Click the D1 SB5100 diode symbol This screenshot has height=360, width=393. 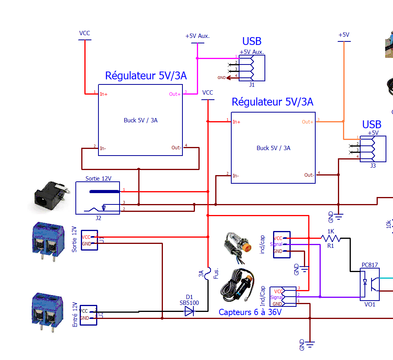point(189,312)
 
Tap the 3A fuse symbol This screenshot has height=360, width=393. point(208,272)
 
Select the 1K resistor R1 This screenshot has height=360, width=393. point(331,238)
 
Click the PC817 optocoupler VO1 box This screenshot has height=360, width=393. point(369,284)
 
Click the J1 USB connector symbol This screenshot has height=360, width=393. point(252,68)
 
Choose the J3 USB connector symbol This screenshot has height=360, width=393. point(373,149)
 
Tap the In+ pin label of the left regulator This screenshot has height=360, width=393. point(104,94)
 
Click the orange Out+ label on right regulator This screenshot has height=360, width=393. point(307,122)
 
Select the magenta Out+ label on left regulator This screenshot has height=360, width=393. point(175,94)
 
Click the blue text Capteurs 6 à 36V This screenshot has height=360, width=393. point(250,312)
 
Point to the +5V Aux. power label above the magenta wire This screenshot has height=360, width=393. point(197,36)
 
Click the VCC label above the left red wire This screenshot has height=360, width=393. point(84,33)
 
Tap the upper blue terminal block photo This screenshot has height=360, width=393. point(48,238)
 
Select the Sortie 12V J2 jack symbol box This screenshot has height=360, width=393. point(98,198)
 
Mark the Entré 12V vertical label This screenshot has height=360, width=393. point(75,314)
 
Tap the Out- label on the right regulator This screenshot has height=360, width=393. point(309,175)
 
